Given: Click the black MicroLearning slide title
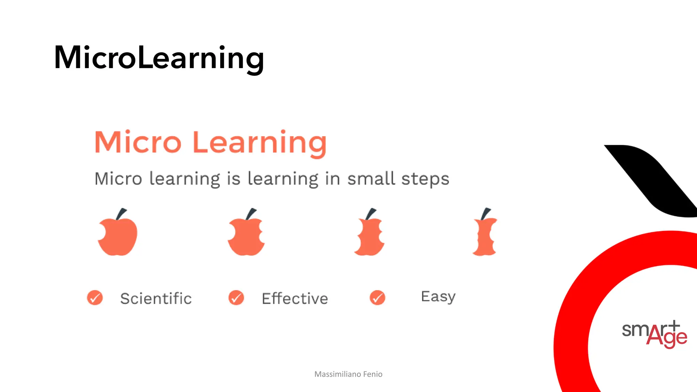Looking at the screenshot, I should click(x=159, y=58).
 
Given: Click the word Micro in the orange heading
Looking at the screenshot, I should click(x=138, y=142).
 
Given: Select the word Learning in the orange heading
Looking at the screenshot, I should click(x=259, y=143).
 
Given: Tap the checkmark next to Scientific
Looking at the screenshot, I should click(x=95, y=298).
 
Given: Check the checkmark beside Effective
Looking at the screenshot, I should click(x=236, y=298).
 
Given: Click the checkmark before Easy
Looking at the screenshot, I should click(x=377, y=298).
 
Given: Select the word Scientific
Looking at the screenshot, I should click(x=156, y=298).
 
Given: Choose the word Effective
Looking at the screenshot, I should click(x=295, y=298).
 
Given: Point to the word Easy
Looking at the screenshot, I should click(x=438, y=297).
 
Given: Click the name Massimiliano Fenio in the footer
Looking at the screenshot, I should click(x=348, y=374).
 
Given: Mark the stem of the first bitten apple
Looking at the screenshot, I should click(x=121, y=214).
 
